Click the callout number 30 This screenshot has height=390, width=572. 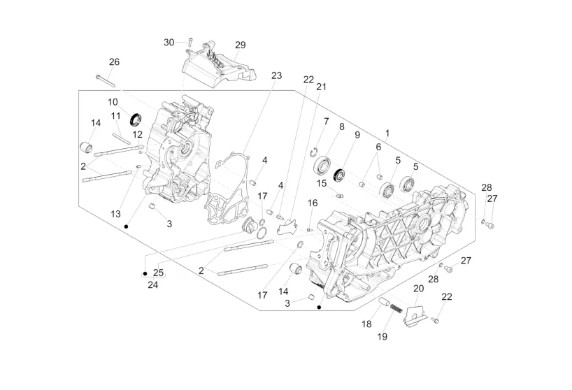tap(169, 42)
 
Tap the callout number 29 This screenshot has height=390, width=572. tap(240, 45)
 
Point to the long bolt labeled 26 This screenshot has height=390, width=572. tap(106, 81)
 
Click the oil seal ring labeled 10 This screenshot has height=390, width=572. tap(136, 120)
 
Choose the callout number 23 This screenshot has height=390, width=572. tap(276, 75)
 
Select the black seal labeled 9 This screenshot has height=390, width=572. tap(339, 175)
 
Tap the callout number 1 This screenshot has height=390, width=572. tap(387, 133)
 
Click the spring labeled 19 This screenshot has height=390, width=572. tap(396, 308)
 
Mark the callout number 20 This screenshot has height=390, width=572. tap(418, 289)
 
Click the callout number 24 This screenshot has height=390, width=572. tap(153, 284)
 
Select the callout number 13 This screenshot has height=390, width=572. tap(115, 214)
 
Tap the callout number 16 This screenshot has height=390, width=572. tap(313, 203)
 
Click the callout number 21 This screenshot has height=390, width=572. tap(321, 87)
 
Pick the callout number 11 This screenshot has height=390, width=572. tap(115, 116)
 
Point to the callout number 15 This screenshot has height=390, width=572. tap(322, 183)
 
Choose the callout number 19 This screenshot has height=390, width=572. tap(382, 336)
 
